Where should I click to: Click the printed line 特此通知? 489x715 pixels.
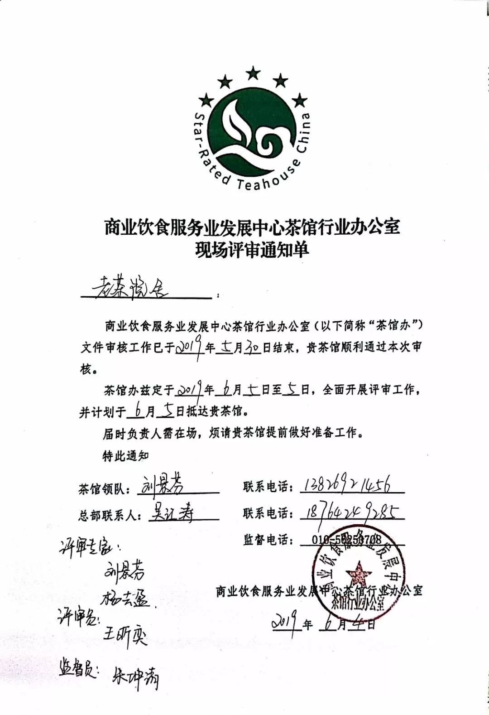(x=125, y=456)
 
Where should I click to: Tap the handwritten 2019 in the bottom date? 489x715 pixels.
(x=287, y=623)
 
